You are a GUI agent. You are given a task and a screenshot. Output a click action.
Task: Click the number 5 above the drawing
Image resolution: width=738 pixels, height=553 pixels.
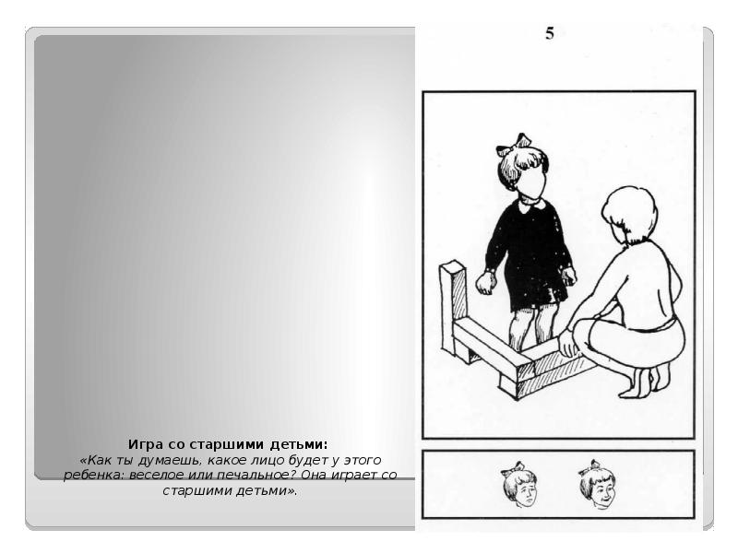pos(550,35)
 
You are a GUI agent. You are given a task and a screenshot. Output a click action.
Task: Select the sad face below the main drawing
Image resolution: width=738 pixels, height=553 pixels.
pos(520,487)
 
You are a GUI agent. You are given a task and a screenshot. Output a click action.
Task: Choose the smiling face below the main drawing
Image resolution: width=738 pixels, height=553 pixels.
pos(598,487)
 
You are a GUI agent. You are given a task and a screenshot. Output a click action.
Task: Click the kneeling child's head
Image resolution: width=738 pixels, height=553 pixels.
pos(629,214)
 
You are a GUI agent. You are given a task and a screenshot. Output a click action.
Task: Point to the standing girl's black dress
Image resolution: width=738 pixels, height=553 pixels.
pos(530,253)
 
